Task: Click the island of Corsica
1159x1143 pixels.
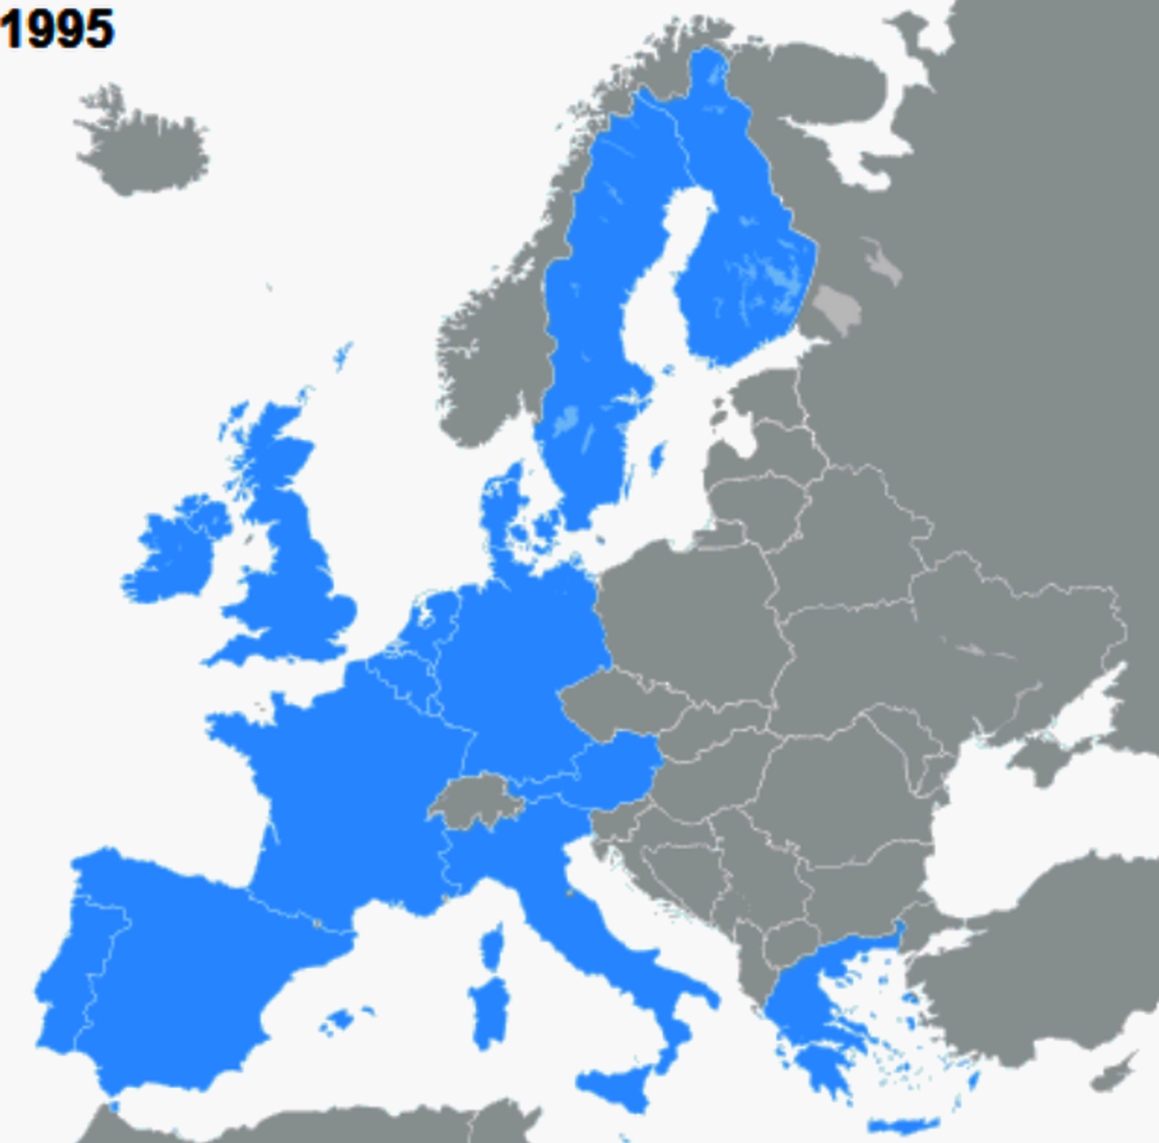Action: tap(493, 948)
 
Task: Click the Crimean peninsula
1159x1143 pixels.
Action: tap(1043, 760)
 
